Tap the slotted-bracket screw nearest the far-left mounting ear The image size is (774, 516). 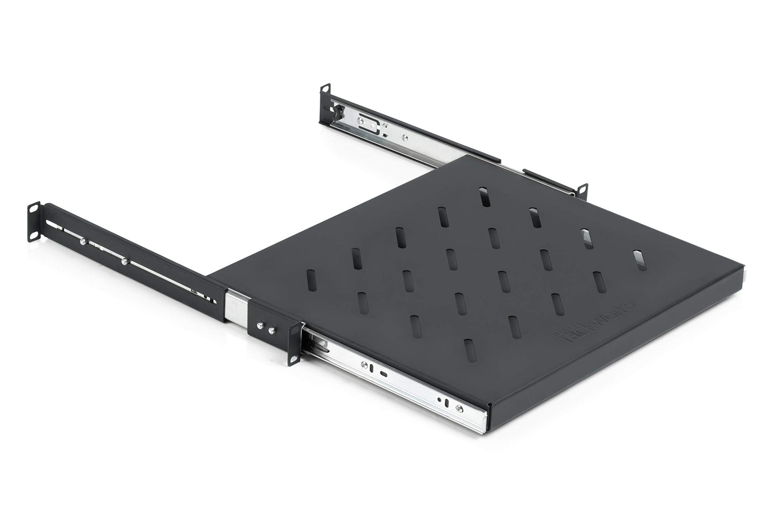pos(82,241)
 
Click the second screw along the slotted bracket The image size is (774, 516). pos(124,262)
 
